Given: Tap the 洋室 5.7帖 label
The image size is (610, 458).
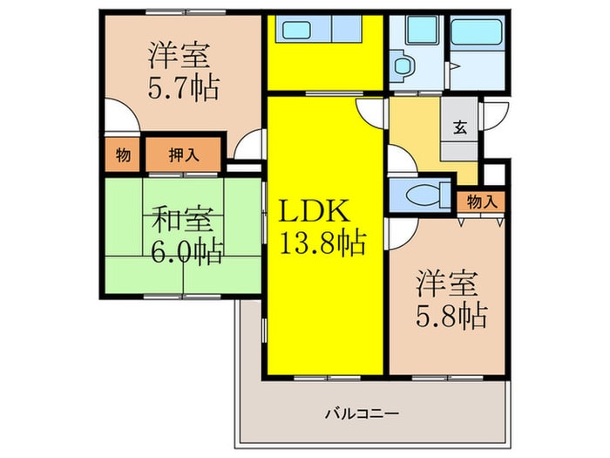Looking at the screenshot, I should click(x=182, y=71).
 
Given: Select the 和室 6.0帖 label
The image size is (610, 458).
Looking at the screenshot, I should click(x=186, y=234).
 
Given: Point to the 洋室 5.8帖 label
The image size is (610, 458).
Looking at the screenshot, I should click(x=449, y=298).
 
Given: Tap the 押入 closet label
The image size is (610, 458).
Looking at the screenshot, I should click(x=184, y=156).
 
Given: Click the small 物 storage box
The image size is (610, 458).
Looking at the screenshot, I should click(x=123, y=156).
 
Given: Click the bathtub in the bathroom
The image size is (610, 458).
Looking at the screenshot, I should click(x=475, y=34).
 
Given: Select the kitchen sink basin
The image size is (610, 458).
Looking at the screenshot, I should click(x=301, y=31).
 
